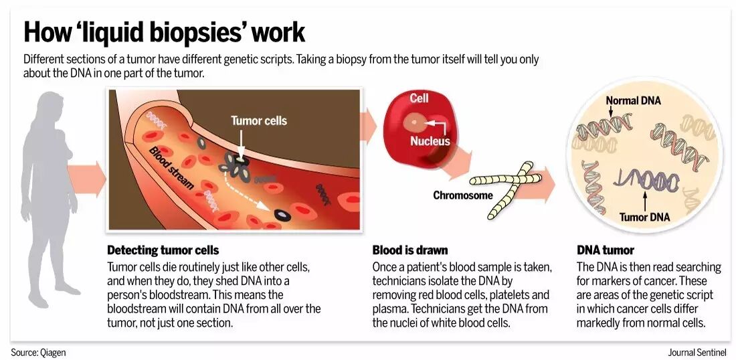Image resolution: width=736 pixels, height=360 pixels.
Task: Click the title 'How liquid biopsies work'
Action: click(164, 32)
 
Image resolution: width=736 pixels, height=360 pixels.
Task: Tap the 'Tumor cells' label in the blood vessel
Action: click(258, 120)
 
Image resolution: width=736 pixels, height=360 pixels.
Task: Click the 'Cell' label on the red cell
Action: click(419, 98)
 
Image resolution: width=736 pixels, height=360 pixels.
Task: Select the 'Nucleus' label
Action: click(430, 141)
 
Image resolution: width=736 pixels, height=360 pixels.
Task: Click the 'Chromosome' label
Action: click(463, 195)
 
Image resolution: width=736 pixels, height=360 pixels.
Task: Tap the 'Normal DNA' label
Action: click(633, 101)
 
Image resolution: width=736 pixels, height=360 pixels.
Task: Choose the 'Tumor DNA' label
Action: click(644, 217)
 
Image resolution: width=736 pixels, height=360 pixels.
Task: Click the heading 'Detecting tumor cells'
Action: click(163, 250)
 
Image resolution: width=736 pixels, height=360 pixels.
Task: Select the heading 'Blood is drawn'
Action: click(410, 250)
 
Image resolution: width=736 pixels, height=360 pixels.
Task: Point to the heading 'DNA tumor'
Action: click(605, 250)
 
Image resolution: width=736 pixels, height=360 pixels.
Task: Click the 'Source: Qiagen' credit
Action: click(38, 352)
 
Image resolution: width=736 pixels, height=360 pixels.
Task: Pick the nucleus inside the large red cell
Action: click(416, 122)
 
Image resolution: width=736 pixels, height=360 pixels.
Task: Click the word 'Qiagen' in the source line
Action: click(52, 352)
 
